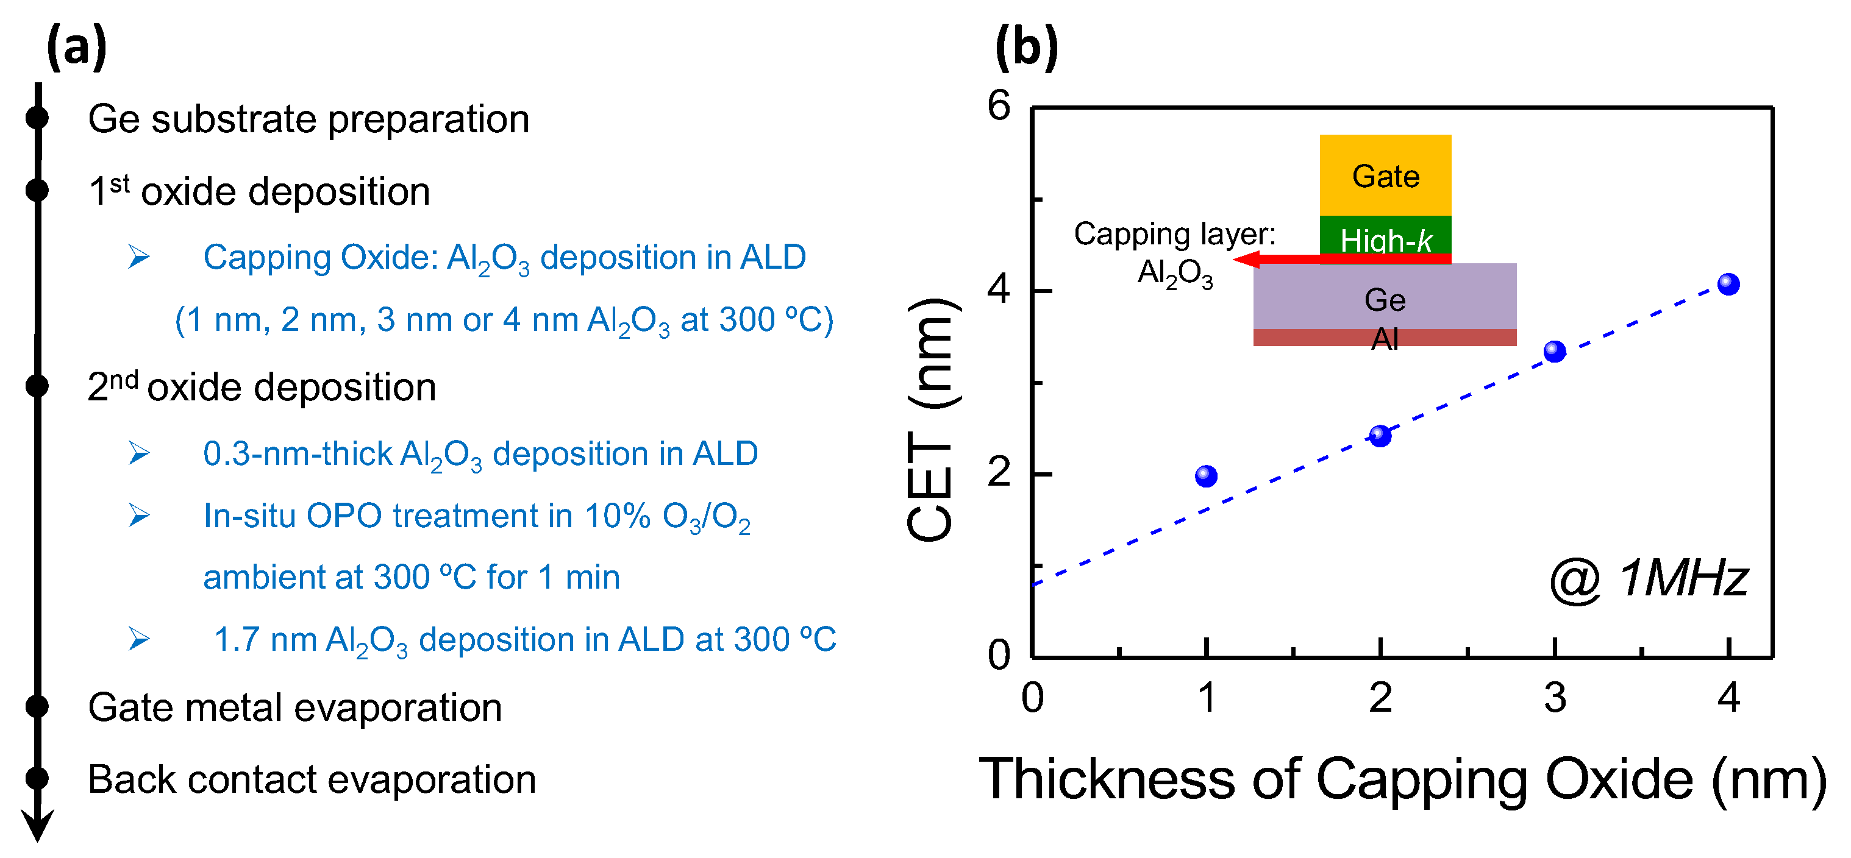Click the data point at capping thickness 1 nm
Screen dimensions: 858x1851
tap(1207, 476)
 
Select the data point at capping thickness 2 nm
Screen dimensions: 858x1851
tap(1380, 436)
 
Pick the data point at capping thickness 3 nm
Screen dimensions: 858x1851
tap(1555, 352)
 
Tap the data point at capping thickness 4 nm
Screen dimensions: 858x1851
tap(1729, 285)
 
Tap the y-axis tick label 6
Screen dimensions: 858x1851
tap(999, 106)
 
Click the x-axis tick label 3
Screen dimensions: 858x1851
tap(1555, 698)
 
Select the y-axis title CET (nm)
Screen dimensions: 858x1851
tap(931, 419)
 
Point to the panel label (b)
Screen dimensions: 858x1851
tap(1026, 48)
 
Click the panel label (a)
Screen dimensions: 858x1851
tap(77, 48)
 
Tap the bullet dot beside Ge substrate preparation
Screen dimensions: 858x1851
tap(37, 118)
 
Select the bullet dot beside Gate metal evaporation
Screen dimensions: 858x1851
tap(37, 706)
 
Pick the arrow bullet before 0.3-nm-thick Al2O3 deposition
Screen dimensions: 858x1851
tap(138, 453)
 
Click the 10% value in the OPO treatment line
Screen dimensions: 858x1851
tap(617, 516)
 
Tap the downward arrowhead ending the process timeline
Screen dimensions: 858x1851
tap(37, 826)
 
